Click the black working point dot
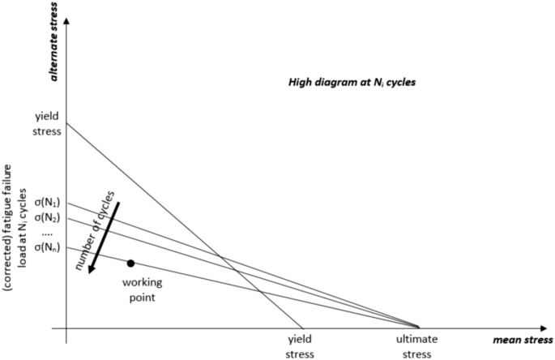[x=130, y=263]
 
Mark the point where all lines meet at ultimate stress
[x=420, y=328]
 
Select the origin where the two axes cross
[x=66, y=328]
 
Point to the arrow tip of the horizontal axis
[x=550, y=328]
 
